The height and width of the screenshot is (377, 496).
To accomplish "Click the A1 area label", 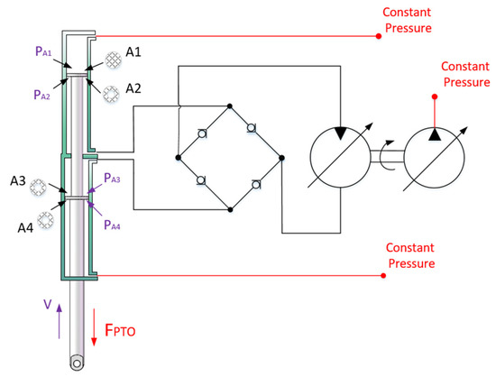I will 133,52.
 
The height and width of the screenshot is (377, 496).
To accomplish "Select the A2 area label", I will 133,87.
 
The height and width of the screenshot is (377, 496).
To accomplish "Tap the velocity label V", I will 47,306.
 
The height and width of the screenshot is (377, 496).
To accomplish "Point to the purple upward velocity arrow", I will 60,322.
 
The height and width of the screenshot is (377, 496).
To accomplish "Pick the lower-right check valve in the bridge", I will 256,185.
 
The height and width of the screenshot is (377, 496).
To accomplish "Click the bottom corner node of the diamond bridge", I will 231,209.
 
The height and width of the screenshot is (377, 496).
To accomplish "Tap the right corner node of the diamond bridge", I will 282,158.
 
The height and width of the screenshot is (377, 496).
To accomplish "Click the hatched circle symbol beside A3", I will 39,188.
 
